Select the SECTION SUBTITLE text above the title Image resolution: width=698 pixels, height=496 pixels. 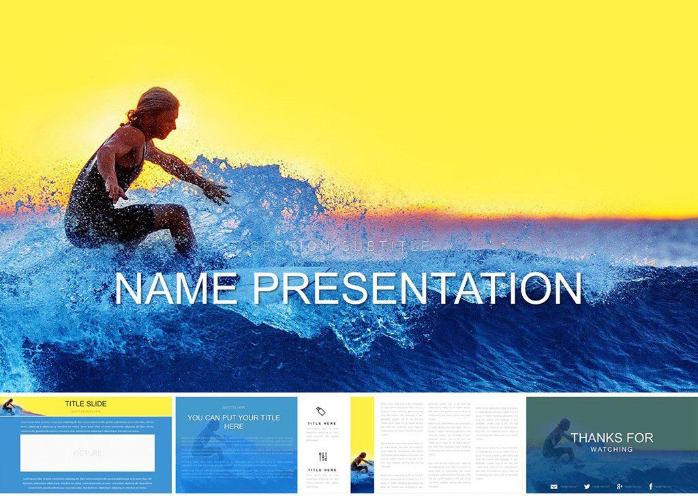(340, 247)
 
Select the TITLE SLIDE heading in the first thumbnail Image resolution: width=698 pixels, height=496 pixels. (86, 403)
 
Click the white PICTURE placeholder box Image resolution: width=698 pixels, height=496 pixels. (87, 452)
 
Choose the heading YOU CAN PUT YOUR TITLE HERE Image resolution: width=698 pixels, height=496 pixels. (234, 422)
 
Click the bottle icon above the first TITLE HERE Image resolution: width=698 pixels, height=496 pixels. (322, 411)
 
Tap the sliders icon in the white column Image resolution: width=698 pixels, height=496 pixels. (322, 456)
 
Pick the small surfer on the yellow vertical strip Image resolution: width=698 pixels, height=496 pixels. (361, 463)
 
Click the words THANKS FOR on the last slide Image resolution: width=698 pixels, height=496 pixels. (612, 437)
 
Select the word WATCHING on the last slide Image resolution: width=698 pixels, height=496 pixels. (611, 449)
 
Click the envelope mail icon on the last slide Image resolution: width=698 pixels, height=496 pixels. (554, 486)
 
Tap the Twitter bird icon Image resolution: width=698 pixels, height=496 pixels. (587, 486)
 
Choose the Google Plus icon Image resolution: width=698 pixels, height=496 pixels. (619, 486)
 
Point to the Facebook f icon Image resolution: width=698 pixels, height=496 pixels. (651, 486)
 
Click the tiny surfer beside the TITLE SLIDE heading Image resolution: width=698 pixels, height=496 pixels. (9, 406)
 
